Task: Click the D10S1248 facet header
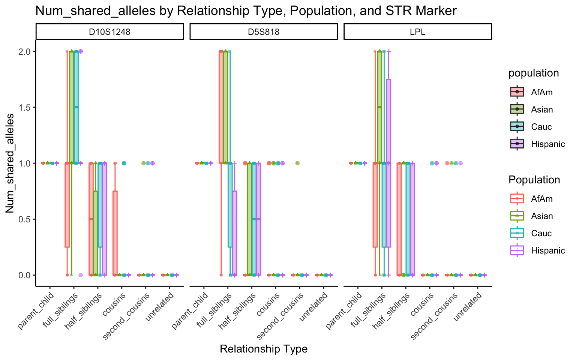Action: click(109, 32)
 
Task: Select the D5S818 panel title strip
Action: click(264, 32)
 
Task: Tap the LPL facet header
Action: click(417, 32)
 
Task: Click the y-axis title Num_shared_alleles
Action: click(10, 163)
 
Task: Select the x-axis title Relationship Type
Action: click(264, 349)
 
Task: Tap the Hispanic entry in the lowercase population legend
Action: click(547, 144)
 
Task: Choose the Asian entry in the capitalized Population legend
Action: click(541, 216)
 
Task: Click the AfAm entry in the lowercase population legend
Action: click(541, 92)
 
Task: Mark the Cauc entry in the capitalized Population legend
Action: click(541, 233)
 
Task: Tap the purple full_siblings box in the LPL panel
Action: click(388, 163)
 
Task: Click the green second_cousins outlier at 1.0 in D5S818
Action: click(297, 163)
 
